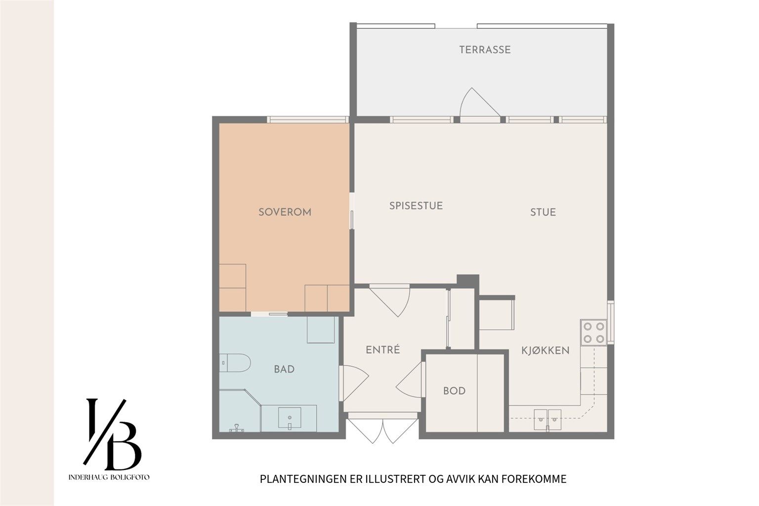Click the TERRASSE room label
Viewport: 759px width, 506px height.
[485, 50]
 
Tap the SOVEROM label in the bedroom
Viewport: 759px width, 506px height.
[285, 212]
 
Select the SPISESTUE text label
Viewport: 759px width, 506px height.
[416, 206]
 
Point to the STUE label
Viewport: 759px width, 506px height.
[543, 212]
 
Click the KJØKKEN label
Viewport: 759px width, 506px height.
[545, 350]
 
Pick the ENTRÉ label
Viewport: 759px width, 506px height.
[383, 349]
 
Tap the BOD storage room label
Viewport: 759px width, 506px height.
[455, 391]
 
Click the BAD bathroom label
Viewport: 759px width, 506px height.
[284, 369]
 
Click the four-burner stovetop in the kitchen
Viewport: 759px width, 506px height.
[593, 333]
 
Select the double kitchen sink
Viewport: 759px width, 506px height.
[548, 420]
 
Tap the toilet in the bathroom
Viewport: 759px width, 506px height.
[235, 363]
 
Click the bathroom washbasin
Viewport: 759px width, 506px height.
[290, 418]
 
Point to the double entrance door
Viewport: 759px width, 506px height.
[383, 428]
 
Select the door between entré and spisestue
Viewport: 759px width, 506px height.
[390, 300]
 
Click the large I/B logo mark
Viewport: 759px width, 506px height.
[112, 434]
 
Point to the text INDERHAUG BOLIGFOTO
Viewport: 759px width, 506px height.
[109, 477]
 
